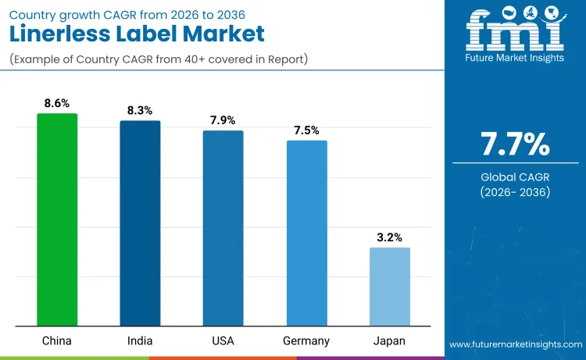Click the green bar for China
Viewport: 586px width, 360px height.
[57, 219]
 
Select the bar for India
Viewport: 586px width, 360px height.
[140, 223]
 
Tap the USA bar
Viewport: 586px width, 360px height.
[223, 228]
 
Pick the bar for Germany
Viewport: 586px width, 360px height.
[306, 233]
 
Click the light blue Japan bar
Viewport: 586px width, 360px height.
[389, 287]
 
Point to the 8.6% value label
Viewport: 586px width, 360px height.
[57, 102]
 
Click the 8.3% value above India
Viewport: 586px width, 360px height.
[140, 110]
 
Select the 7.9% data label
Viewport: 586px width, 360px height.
[223, 119]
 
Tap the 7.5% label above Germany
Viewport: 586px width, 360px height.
[306, 130]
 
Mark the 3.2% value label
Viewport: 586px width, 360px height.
[389, 237]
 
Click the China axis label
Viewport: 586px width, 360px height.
[57, 340]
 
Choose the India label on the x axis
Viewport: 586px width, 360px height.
[140, 340]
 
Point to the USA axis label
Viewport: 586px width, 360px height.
[223, 340]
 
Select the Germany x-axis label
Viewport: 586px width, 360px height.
[306, 340]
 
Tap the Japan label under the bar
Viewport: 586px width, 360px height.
[389, 340]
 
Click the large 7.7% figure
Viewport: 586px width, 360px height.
[515, 144]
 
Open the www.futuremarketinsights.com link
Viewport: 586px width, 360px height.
[515, 344]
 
